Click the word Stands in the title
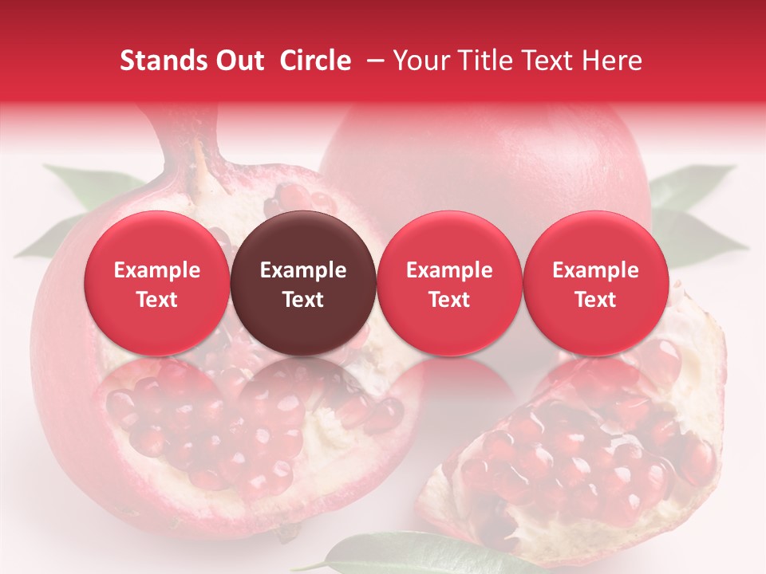(x=158, y=61)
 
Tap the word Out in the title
(x=238, y=61)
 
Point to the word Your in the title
(x=420, y=61)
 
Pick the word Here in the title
(x=613, y=61)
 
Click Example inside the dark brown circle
(x=303, y=270)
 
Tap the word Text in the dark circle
(x=303, y=300)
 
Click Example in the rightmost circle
(x=595, y=270)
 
